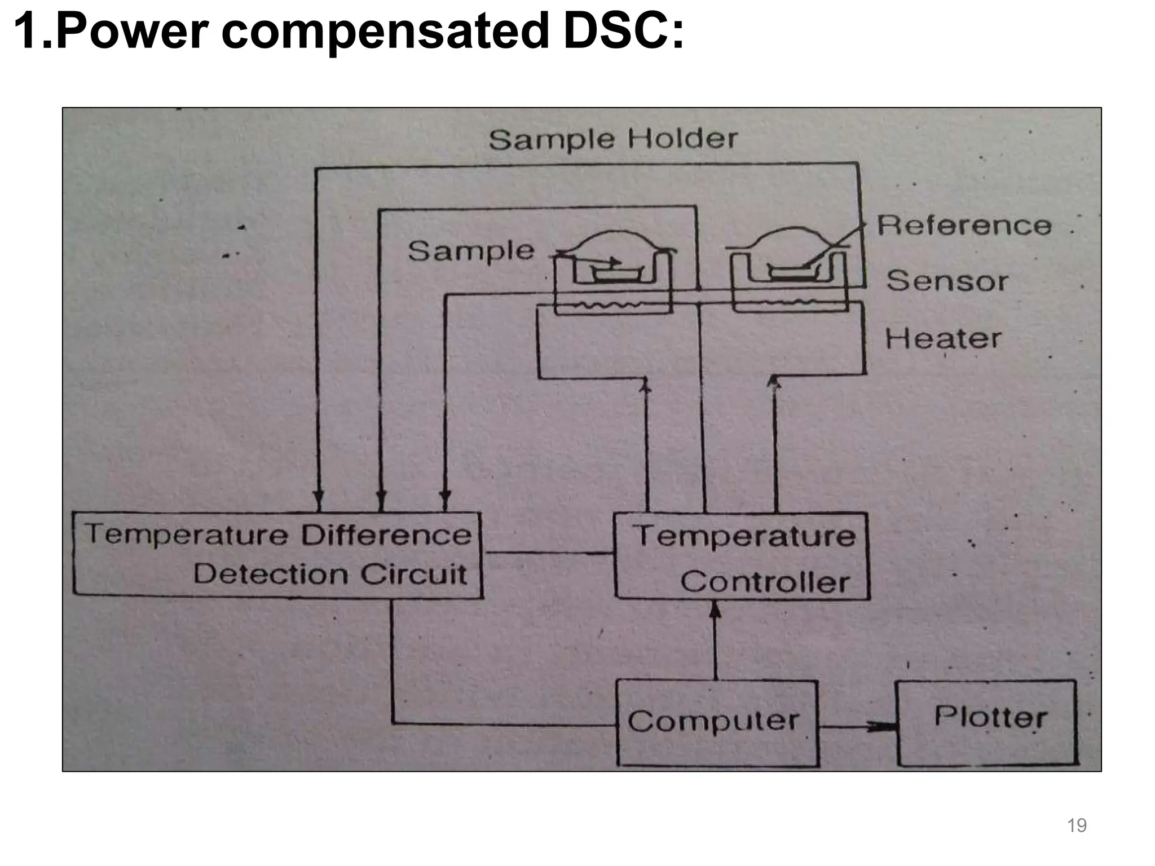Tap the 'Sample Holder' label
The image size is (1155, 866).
(612, 139)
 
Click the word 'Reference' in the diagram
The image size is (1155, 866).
(964, 226)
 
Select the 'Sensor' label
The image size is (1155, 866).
(947, 281)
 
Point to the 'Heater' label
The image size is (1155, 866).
(943, 339)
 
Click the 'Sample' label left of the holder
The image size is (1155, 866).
(471, 251)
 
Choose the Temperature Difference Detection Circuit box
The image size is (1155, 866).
(277, 555)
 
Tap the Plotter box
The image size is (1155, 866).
(987, 723)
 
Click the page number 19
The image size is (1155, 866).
(1077, 825)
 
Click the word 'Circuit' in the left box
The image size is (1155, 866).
(413, 575)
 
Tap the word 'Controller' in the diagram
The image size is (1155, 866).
(765, 582)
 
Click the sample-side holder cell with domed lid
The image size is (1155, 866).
(614, 271)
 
